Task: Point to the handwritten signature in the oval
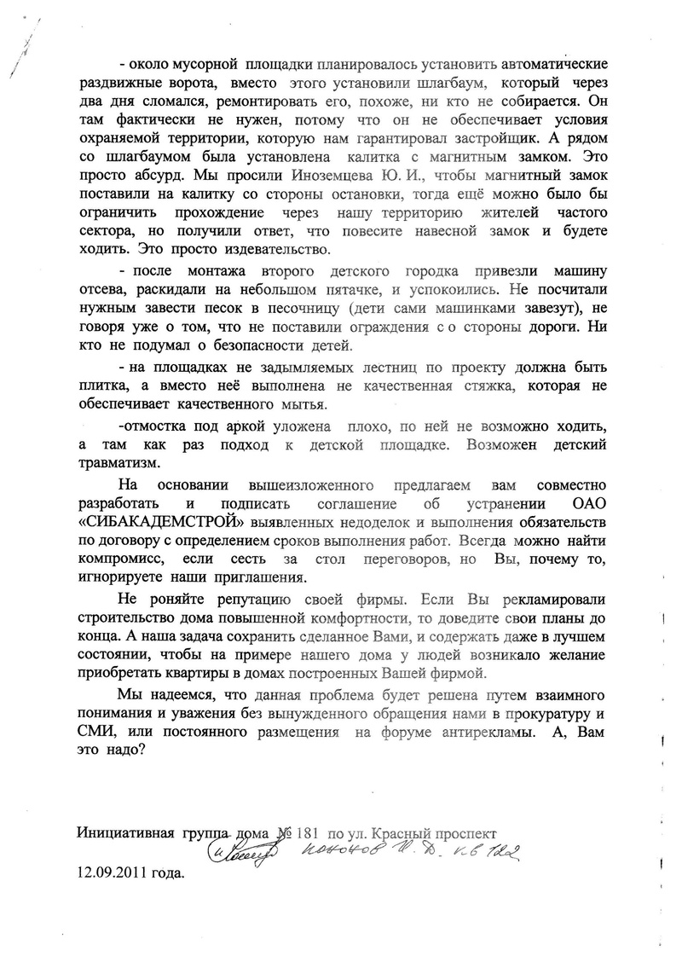(x=242, y=852)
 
